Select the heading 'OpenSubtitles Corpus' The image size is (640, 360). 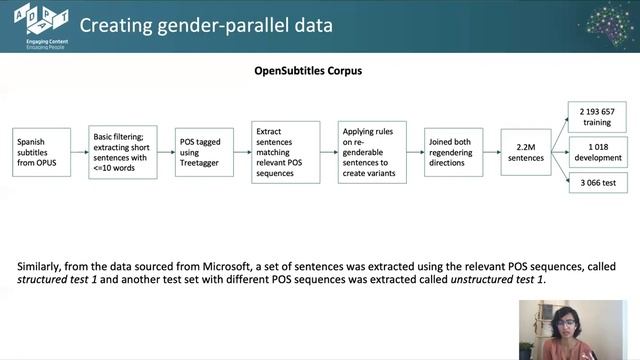coord(307,72)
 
